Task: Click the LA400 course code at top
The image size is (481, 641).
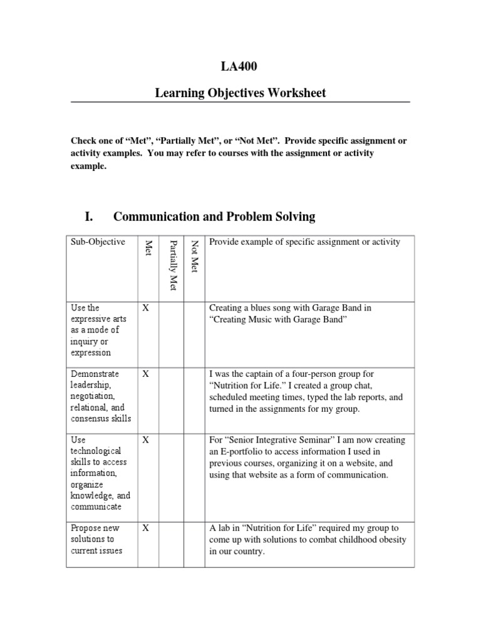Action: pyautogui.click(x=240, y=68)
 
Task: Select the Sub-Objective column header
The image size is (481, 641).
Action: pyautogui.click(x=98, y=242)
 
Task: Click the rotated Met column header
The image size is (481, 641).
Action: pyautogui.click(x=148, y=248)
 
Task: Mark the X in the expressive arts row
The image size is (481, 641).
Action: pyautogui.click(x=146, y=308)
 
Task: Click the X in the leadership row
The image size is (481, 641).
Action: pyautogui.click(x=146, y=374)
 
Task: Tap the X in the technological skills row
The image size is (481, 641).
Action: pyautogui.click(x=146, y=440)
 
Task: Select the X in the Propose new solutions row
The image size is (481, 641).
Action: pyautogui.click(x=146, y=528)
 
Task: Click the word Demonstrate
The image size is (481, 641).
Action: pyautogui.click(x=95, y=374)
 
